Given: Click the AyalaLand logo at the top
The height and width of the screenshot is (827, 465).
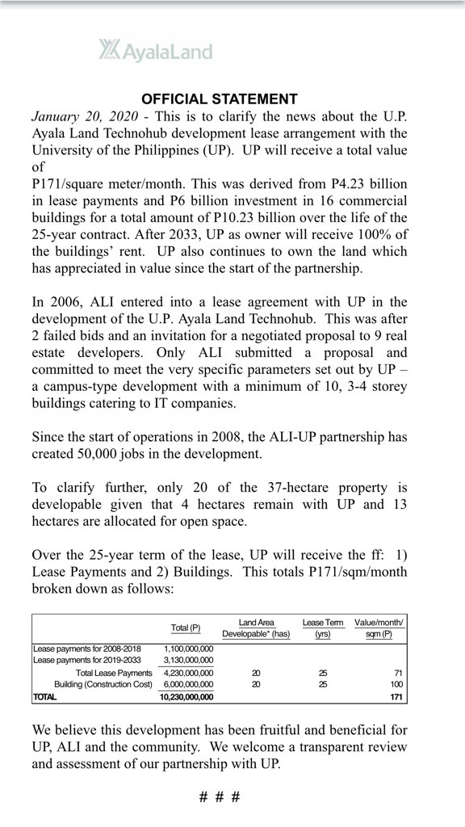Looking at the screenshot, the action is (156, 52).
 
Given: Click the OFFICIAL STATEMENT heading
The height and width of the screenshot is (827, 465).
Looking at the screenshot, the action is (220, 99).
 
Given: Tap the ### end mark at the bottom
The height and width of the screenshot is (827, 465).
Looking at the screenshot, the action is (220, 796).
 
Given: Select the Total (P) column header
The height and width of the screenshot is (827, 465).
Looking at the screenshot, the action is (186, 628).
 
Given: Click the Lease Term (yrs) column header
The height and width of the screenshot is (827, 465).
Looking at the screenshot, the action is (323, 628).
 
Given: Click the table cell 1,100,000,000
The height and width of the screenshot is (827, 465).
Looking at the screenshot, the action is (189, 649).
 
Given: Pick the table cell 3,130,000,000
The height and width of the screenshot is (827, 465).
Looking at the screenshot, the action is (189, 660).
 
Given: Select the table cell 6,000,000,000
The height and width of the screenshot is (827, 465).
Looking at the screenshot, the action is (189, 683).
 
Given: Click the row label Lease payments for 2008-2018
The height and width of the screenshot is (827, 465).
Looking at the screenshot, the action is (87, 649).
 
